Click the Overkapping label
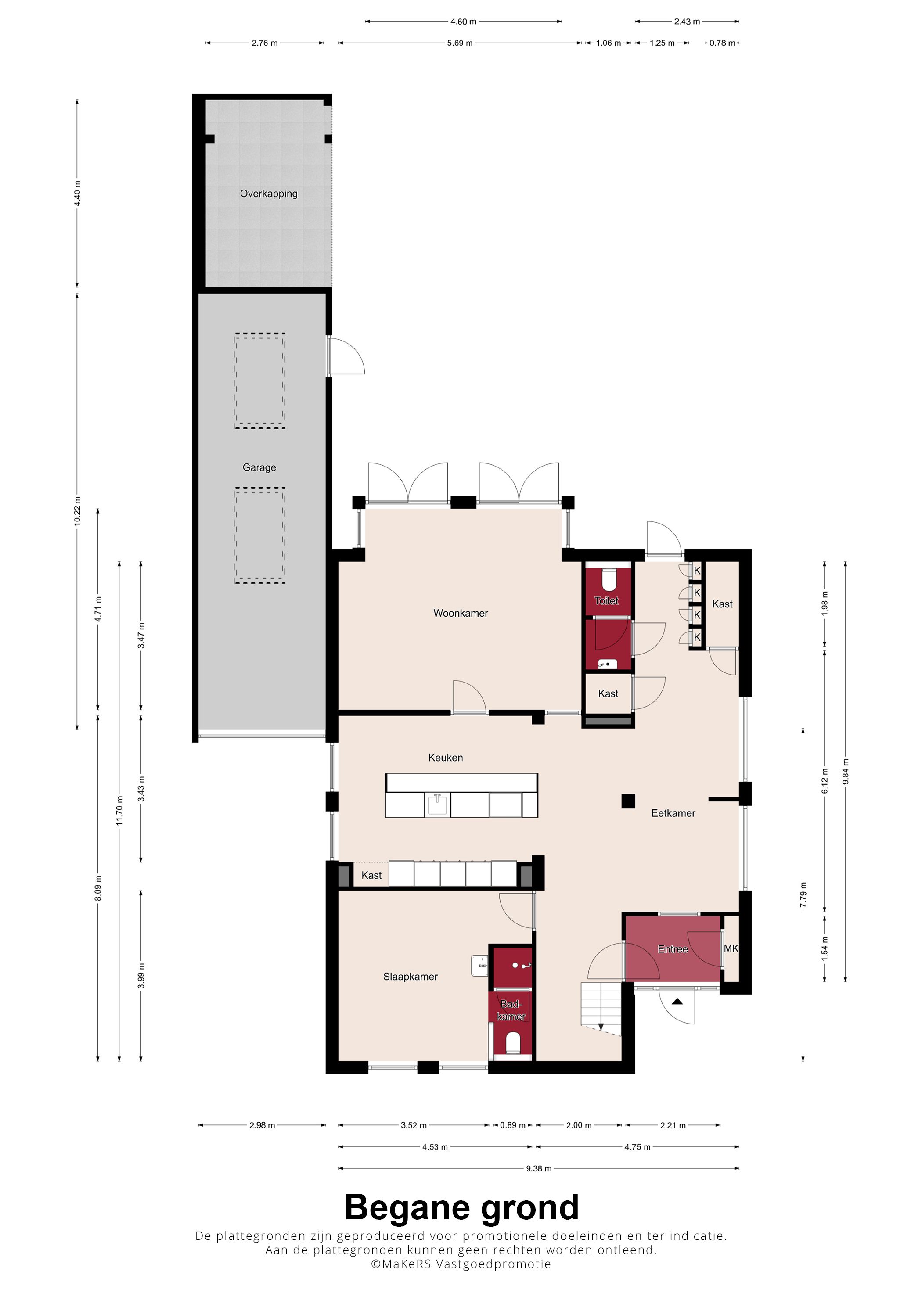click(269, 194)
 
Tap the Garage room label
click(259, 467)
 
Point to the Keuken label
click(445, 757)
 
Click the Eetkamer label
click(673, 813)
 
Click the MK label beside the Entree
click(731, 948)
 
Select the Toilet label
click(606, 600)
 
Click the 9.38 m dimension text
click(539, 1168)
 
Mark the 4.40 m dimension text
click(77, 193)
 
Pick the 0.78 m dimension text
click(722, 43)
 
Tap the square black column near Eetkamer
click(628, 801)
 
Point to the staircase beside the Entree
click(601, 1009)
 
